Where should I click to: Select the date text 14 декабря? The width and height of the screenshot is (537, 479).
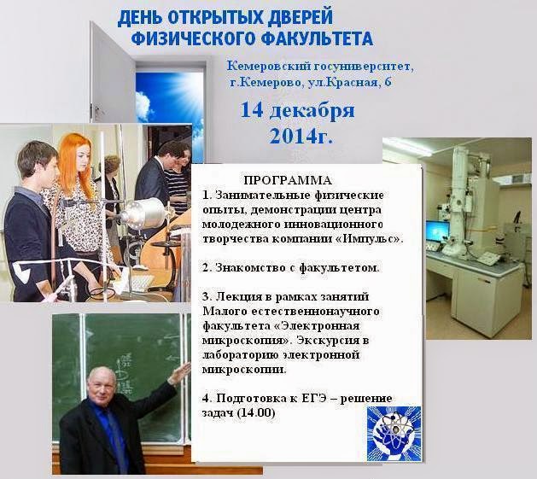[297, 111]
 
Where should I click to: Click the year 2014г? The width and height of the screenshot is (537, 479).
[301, 135]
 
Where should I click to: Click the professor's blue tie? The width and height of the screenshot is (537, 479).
[111, 435]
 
